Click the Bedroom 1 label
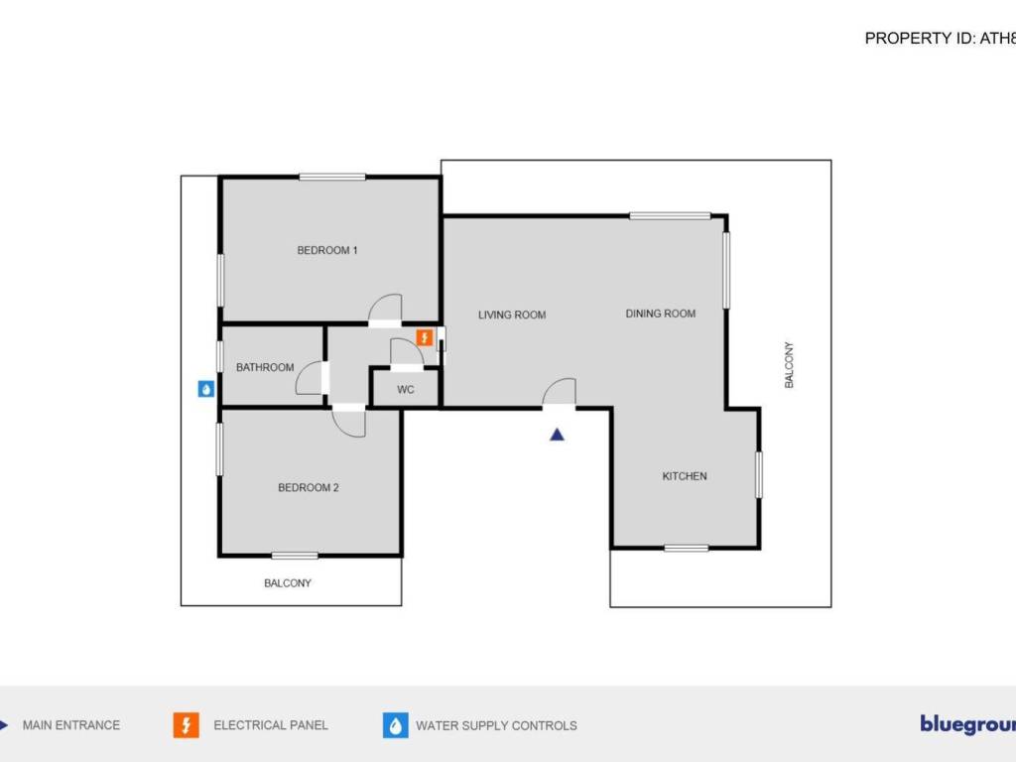(x=327, y=250)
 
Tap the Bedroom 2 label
(x=309, y=487)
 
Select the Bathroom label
(x=265, y=367)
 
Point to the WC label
(x=406, y=390)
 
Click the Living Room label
(x=512, y=316)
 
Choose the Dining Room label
(x=661, y=314)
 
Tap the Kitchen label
(x=685, y=476)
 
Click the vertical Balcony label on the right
(x=790, y=365)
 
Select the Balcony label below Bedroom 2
(x=288, y=583)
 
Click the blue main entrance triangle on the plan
(x=558, y=434)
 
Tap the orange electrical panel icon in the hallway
(x=425, y=337)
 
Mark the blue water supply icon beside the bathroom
(x=205, y=389)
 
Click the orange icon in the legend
(x=186, y=725)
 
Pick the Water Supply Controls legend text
(x=496, y=725)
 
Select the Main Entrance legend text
(x=71, y=725)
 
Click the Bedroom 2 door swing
(x=349, y=422)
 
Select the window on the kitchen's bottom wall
(x=687, y=548)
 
